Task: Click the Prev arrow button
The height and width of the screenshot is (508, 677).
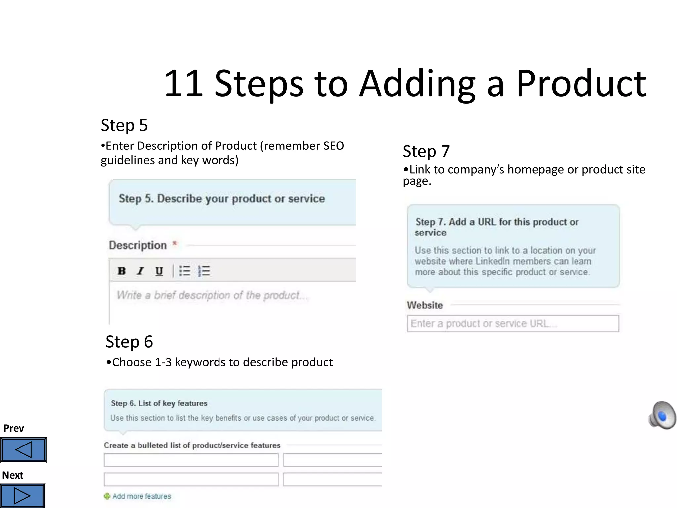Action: click(x=23, y=449)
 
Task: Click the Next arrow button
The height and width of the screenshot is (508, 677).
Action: click(x=22, y=496)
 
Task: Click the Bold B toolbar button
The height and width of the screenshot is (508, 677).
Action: click(x=122, y=271)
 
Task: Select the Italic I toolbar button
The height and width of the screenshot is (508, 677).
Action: click(x=140, y=271)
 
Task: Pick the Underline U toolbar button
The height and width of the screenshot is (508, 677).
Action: click(x=159, y=271)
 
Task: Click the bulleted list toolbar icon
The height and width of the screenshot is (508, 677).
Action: click(x=185, y=271)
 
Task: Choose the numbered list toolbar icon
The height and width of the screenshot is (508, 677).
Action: click(x=204, y=271)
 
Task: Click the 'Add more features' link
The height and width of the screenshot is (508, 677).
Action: click(x=141, y=496)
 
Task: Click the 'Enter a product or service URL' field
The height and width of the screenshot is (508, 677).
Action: click(x=513, y=323)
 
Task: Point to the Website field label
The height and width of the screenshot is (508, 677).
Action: click(x=425, y=305)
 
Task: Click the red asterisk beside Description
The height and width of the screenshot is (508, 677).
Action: click(x=175, y=244)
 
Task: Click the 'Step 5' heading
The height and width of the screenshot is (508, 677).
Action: click(x=124, y=125)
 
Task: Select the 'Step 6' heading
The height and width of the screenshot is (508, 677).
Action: click(x=129, y=342)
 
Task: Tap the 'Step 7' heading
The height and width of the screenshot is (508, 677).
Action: click(x=426, y=151)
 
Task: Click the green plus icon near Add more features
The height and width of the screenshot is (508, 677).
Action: click(x=107, y=496)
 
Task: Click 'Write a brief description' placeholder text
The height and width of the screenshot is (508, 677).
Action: click(x=208, y=295)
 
